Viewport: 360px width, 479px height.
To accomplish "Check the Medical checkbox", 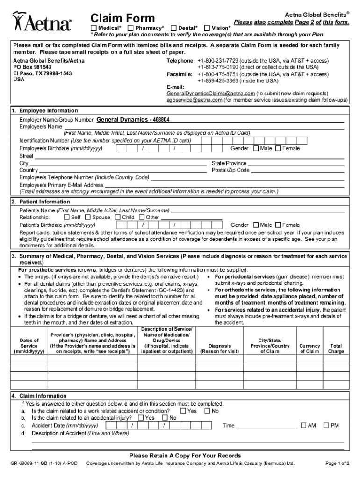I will coord(94,28).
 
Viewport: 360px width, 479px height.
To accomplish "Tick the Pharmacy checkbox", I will coord(131,28).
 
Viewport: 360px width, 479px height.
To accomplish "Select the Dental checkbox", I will coord(173,28).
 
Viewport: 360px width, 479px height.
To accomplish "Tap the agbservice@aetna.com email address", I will coord(194,100).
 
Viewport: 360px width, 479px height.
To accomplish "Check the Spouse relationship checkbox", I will coord(88,218).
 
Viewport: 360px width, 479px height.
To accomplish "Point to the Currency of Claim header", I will coord(310,348).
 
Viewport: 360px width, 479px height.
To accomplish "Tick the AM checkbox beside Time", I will coord(303,425).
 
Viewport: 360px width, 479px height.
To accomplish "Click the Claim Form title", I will coord(122,18).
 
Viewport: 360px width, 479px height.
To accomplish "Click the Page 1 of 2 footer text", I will coord(337,464).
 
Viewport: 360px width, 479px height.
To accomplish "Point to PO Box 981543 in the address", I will coord(32,67).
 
